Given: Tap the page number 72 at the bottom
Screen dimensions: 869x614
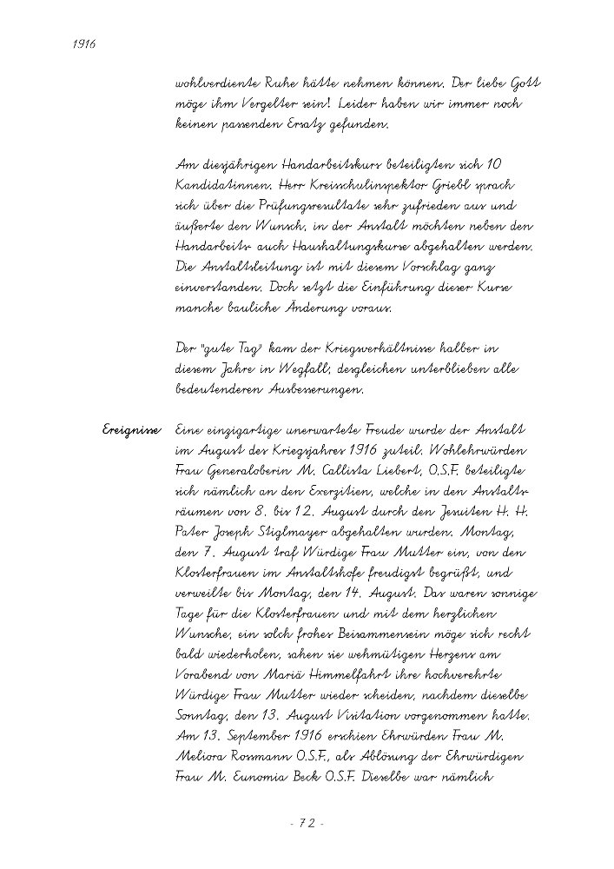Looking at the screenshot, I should click(x=307, y=821).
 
